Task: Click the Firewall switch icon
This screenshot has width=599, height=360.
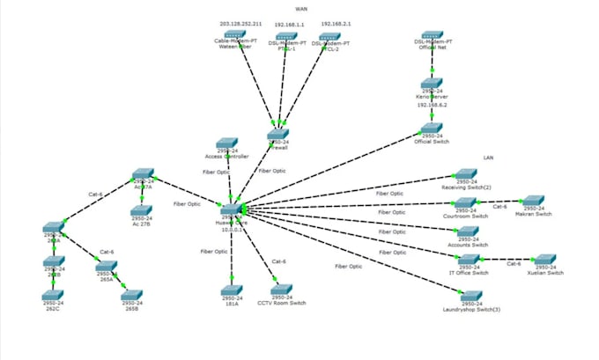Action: point(278,134)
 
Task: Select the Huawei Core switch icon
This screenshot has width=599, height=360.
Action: point(231,207)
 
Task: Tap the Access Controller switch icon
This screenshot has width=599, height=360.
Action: point(227,143)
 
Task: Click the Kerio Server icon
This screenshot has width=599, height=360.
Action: point(431,84)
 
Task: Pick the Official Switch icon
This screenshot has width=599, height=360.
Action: point(431,129)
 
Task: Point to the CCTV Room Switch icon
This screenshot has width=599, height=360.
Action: point(281,290)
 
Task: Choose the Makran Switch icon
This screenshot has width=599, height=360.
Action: point(534,202)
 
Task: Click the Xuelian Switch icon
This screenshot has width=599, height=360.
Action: point(545,261)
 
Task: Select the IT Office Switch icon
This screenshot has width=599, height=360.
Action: point(470,260)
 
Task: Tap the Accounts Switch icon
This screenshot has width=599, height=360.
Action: point(470,231)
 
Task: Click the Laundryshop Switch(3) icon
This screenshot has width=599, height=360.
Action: point(471,297)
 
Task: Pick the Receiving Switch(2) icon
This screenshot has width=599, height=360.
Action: point(465,175)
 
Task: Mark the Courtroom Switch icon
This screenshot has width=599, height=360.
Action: point(465,202)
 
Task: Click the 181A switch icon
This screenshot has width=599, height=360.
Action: point(230,290)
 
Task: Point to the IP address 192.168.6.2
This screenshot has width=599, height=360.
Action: point(431,104)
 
